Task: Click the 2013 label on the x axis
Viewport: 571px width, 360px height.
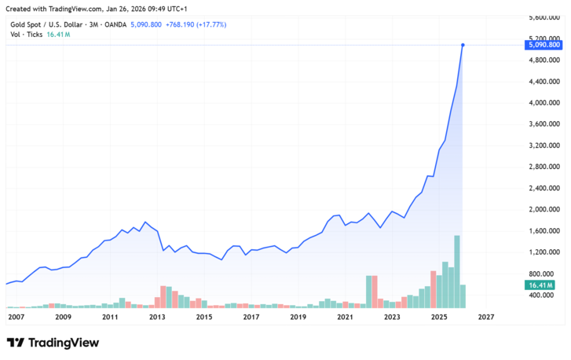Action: tap(157, 317)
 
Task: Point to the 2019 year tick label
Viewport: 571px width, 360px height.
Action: tap(298, 317)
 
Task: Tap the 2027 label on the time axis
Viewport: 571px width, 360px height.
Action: tap(486, 317)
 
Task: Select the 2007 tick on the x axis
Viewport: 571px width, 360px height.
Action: tap(16, 317)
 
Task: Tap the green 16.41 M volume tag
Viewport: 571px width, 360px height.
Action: tap(540, 285)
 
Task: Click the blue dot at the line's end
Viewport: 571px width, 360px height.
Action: tap(463, 46)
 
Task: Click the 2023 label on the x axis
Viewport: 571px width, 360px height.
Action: tap(392, 317)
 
